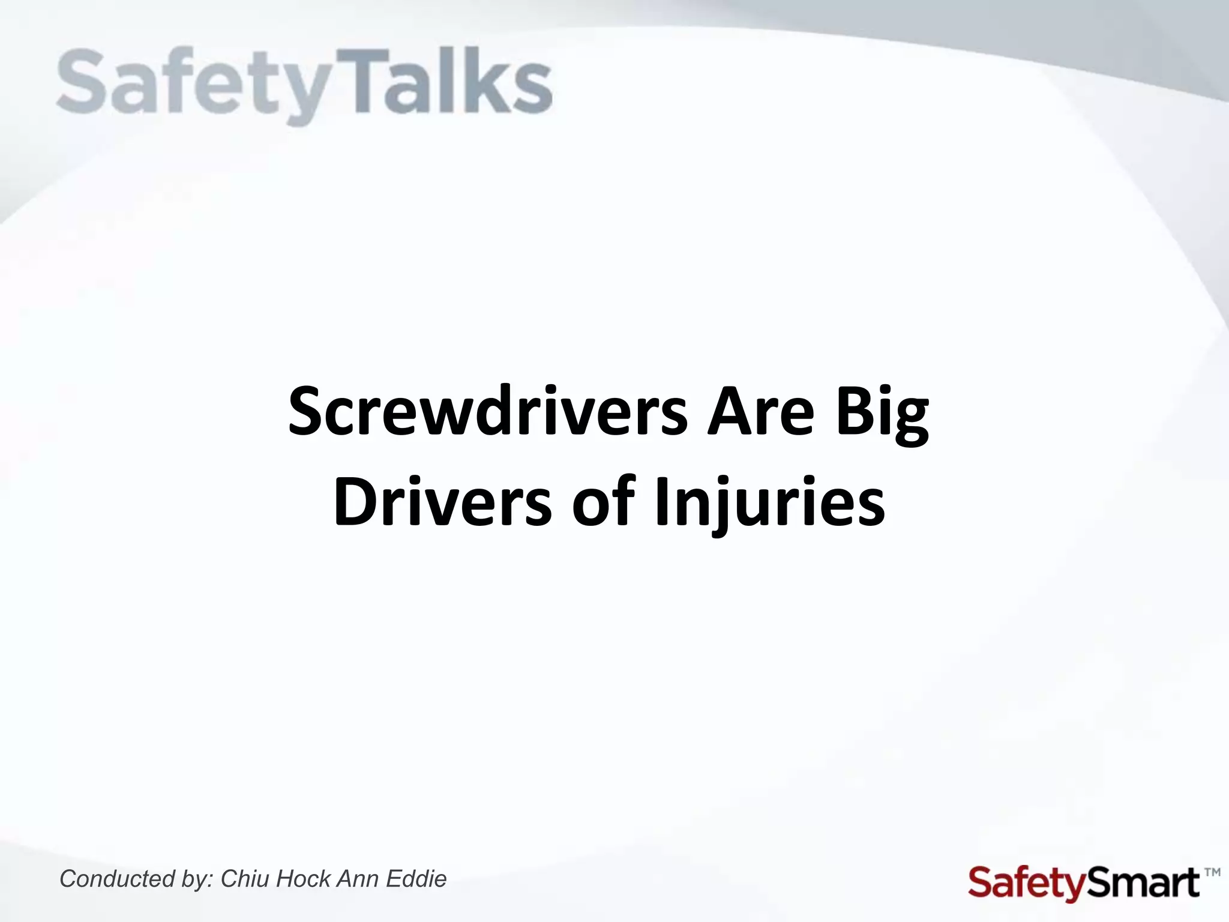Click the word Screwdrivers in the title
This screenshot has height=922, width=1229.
tap(487, 413)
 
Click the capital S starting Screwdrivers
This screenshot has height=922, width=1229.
tap(305, 413)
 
